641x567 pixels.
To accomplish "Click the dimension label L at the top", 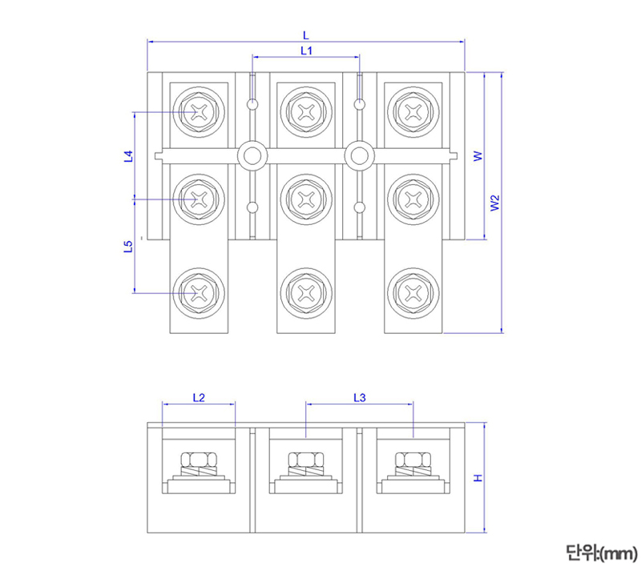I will (x=305, y=34).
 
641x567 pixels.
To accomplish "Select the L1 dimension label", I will (x=305, y=50).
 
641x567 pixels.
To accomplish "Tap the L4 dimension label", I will (x=128, y=156).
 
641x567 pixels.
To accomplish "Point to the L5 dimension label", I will (x=128, y=246).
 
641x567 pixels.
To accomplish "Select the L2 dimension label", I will (x=199, y=397).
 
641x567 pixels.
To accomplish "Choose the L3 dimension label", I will (x=359, y=397).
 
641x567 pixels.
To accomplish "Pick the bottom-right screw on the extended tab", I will (x=413, y=292).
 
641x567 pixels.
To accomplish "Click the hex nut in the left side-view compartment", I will (x=199, y=460).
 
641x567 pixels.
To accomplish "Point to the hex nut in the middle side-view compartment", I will (x=305, y=460).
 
